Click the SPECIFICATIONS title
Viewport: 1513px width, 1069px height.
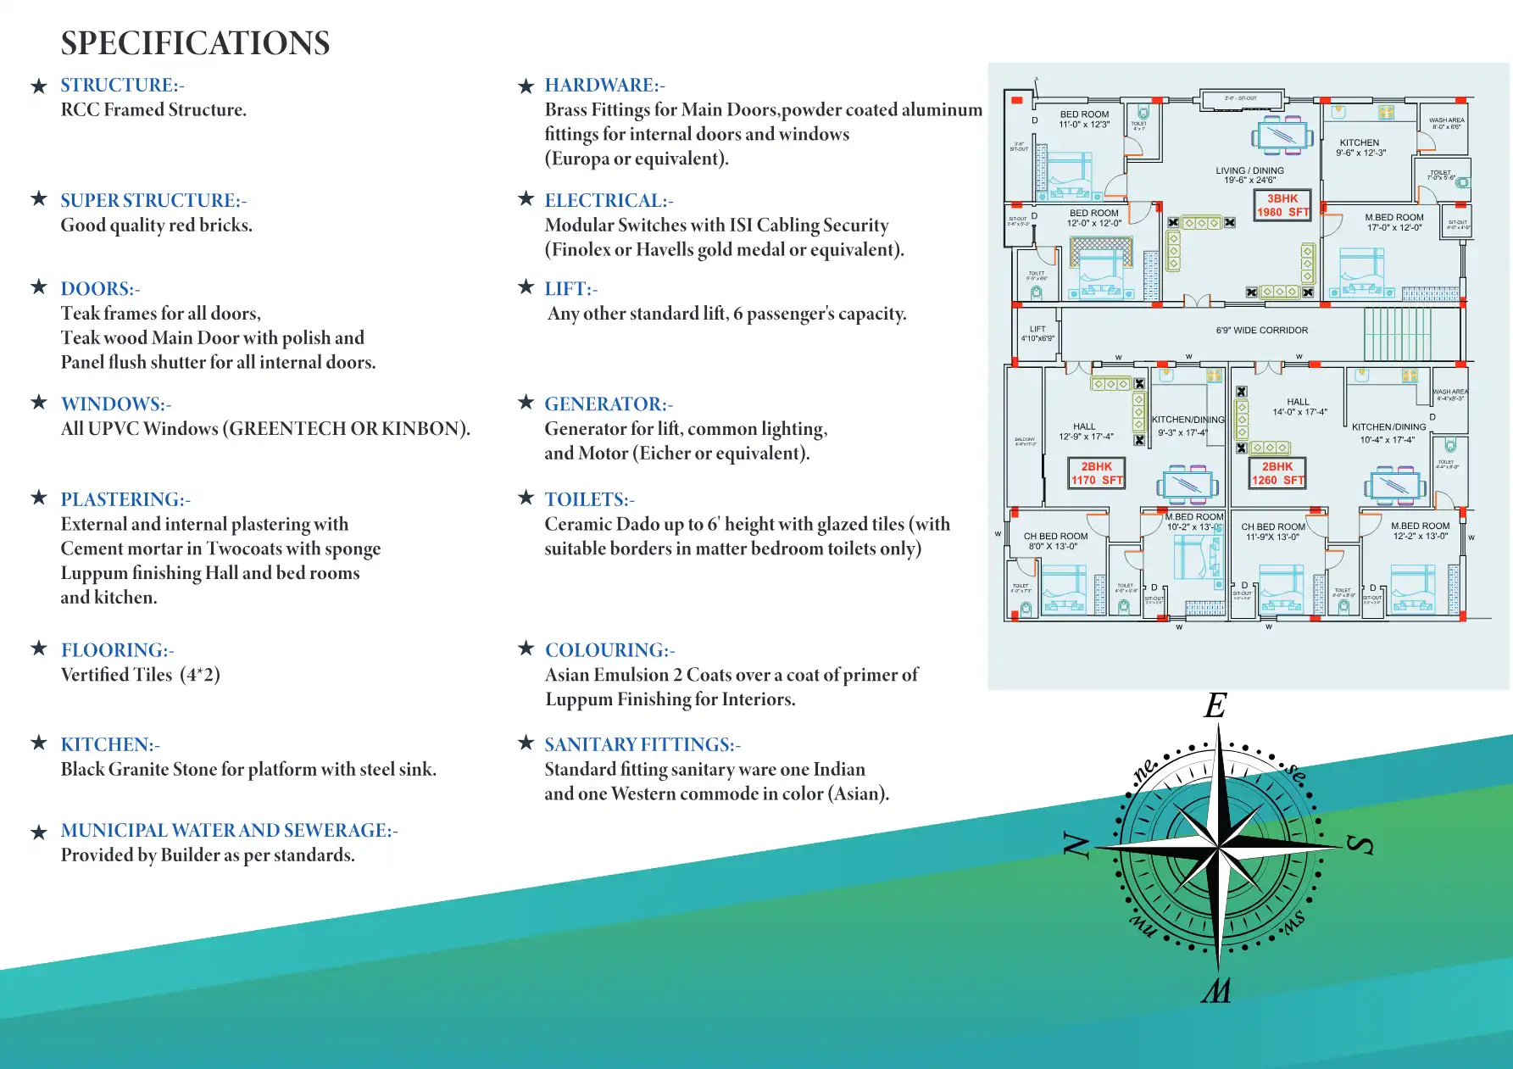195,43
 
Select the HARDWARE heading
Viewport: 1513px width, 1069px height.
604,85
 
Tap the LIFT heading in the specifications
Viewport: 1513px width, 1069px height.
570,288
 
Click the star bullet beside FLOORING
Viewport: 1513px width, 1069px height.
39,649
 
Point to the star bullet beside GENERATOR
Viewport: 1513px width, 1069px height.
526,402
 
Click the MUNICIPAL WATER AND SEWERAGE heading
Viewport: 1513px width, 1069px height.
229,830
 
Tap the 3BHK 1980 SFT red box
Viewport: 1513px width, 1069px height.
1282,205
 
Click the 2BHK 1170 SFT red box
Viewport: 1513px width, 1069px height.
1096,473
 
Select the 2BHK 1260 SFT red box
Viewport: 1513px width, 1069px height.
1277,473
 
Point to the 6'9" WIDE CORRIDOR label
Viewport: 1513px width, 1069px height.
1261,331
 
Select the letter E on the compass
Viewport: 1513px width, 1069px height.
1216,705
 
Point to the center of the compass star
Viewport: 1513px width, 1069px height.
1218,846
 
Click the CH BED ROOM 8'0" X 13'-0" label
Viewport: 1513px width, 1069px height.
1054,541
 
